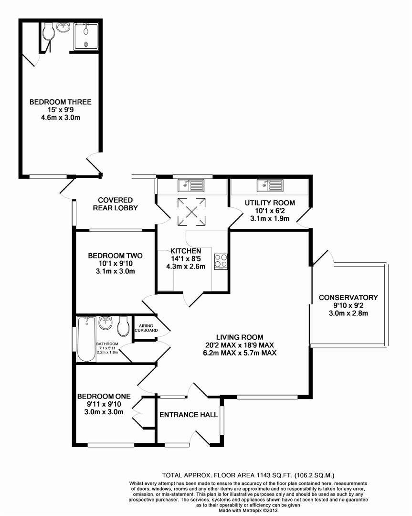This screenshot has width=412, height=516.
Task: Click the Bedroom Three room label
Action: click(x=61, y=102)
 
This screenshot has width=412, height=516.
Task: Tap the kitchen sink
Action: click(x=191, y=185)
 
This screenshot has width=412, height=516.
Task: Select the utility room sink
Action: click(x=270, y=185)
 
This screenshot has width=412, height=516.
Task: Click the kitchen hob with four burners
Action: click(x=221, y=261)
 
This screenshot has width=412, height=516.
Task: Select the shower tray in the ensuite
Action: click(x=86, y=36)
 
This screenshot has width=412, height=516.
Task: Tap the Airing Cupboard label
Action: click(x=146, y=328)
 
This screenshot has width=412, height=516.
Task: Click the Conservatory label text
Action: click(x=349, y=298)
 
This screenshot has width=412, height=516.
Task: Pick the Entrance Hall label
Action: click(x=189, y=415)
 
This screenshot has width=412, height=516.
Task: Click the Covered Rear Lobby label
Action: click(x=116, y=204)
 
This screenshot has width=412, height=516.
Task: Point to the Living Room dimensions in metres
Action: click(x=240, y=353)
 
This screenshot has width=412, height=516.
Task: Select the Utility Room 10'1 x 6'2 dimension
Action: click(x=270, y=211)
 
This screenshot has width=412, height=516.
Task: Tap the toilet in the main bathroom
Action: click(x=124, y=326)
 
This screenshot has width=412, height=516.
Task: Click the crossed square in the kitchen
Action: click(x=191, y=212)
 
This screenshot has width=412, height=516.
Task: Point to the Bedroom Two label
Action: click(x=115, y=256)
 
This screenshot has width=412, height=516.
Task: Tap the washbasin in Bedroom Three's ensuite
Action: click(x=63, y=27)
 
